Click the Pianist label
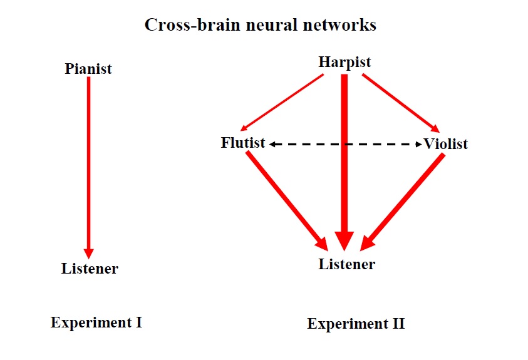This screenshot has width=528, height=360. point(88,69)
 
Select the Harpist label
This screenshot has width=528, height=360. point(344,62)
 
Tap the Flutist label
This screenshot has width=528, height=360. point(243,143)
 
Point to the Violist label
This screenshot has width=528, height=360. point(445,144)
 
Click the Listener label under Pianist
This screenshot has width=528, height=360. point(90,269)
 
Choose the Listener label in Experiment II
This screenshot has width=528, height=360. point(347,264)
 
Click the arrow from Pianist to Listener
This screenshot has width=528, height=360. point(88,168)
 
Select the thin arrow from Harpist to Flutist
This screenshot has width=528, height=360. point(282,102)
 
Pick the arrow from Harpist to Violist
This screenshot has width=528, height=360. point(401,103)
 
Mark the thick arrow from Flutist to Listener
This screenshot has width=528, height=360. point(287,201)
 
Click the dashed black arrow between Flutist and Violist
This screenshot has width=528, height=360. point(346,145)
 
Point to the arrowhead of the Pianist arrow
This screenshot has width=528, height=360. point(88,254)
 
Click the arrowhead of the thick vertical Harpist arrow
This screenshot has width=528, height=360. point(344,241)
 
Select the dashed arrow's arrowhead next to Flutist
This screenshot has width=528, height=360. point(272,145)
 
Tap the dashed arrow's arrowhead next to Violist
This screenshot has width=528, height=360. point(419,145)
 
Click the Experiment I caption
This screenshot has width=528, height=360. point(96,322)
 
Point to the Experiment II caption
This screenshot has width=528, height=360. point(356,324)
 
